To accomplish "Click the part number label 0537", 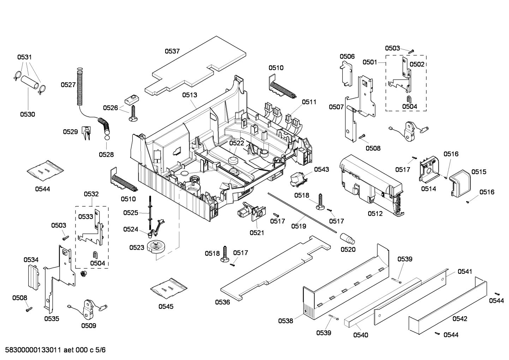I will (x=172, y=51).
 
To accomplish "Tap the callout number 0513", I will (x=190, y=95).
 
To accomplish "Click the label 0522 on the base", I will (x=236, y=143).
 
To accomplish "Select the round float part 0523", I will (x=156, y=246).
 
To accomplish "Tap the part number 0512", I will (x=375, y=214).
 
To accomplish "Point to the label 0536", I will (x=222, y=302).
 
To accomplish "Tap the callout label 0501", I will (x=370, y=62).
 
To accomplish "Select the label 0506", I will (x=347, y=57).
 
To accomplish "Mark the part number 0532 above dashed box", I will (x=91, y=194).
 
